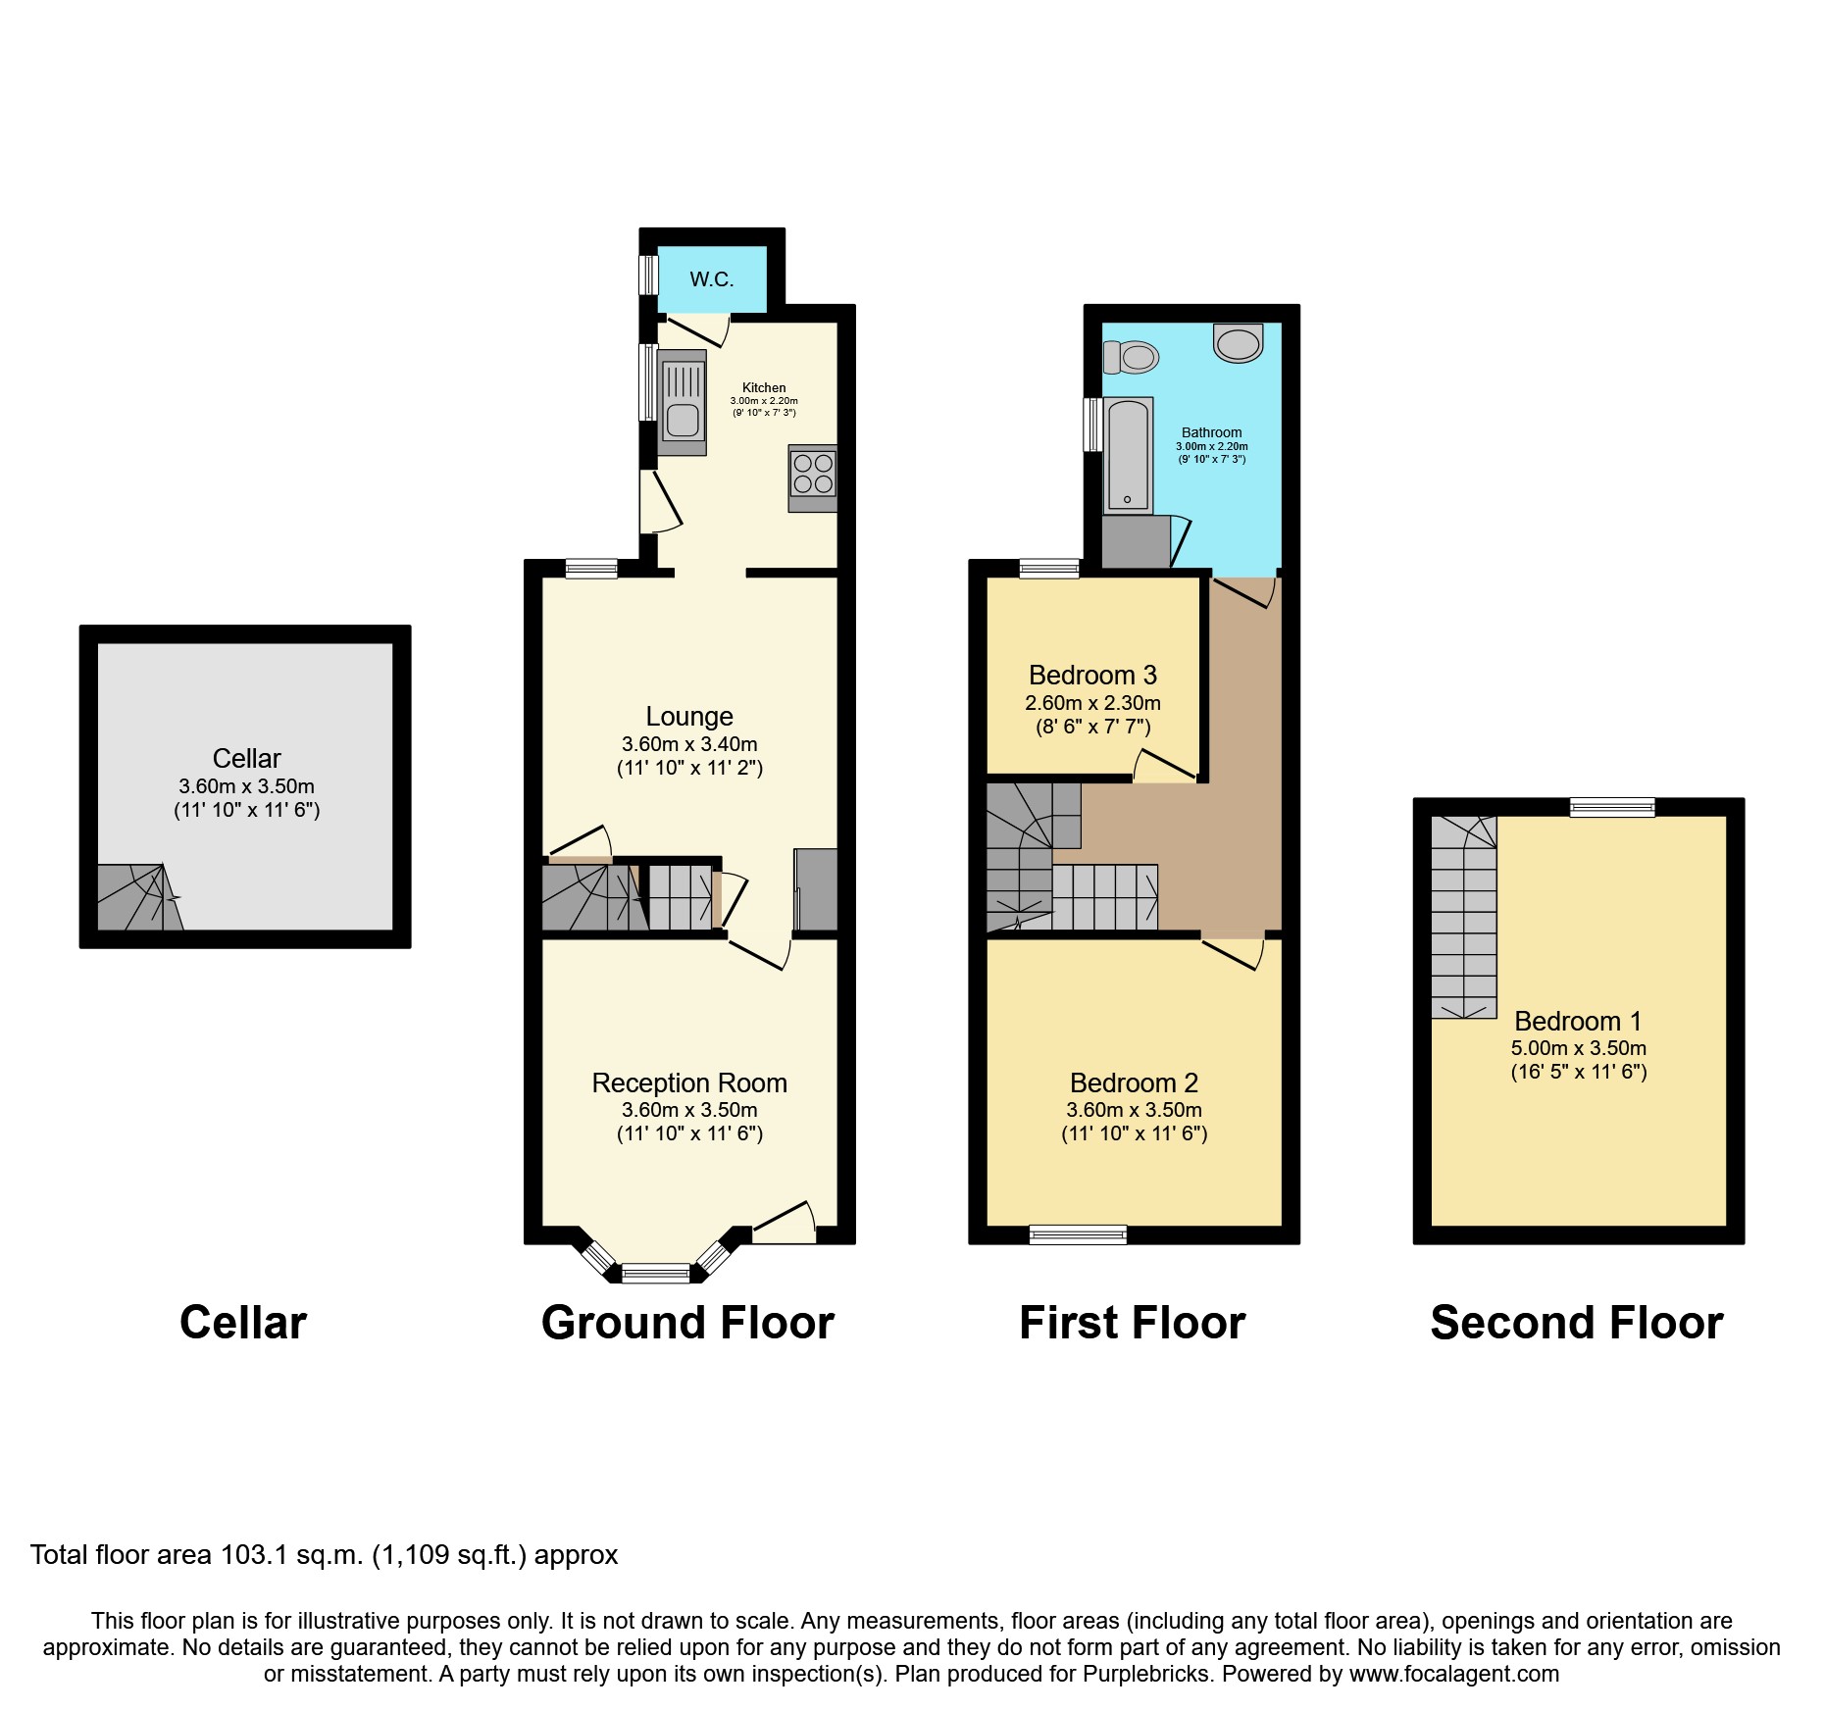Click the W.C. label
(x=711, y=279)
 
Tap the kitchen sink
(x=683, y=402)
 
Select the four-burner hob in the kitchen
(x=813, y=473)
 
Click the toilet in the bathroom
(x=1132, y=357)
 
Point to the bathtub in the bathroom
(x=1128, y=455)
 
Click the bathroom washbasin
(x=1238, y=343)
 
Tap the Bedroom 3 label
(x=1092, y=675)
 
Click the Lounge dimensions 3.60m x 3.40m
(x=689, y=744)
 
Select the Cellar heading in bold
(x=242, y=1323)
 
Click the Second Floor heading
(x=1576, y=1323)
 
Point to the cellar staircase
(x=137, y=897)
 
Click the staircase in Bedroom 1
(x=1464, y=917)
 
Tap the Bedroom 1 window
(x=1612, y=808)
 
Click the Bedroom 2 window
(x=1078, y=1234)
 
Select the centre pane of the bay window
(x=656, y=1274)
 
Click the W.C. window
(x=648, y=276)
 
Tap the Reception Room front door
(x=785, y=1222)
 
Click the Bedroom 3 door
(x=1165, y=766)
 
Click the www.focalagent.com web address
(x=1453, y=1674)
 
